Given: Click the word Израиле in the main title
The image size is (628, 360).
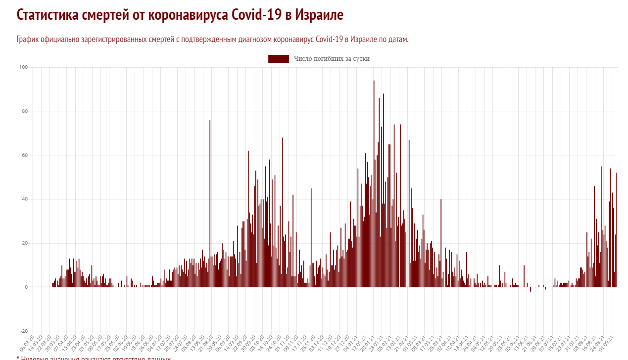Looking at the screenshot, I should tap(319, 15).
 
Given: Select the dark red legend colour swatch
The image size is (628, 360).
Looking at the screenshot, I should tap(279, 59).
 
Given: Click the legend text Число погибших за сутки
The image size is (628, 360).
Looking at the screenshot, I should tap(332, 59).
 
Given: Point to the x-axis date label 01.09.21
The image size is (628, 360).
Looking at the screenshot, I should tap(607, 342).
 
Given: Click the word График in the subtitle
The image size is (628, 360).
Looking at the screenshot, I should tap(27, 40).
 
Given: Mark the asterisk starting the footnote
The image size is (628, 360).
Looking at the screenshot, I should tap(18, 358).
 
